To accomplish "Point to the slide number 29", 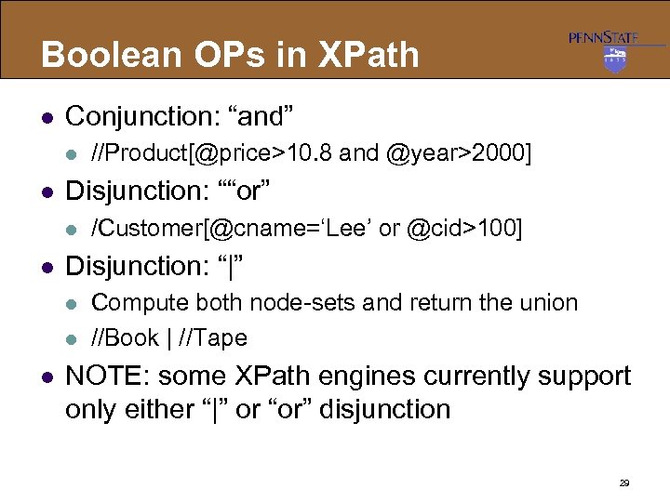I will point(624,483).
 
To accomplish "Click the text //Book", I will point(123,337).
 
